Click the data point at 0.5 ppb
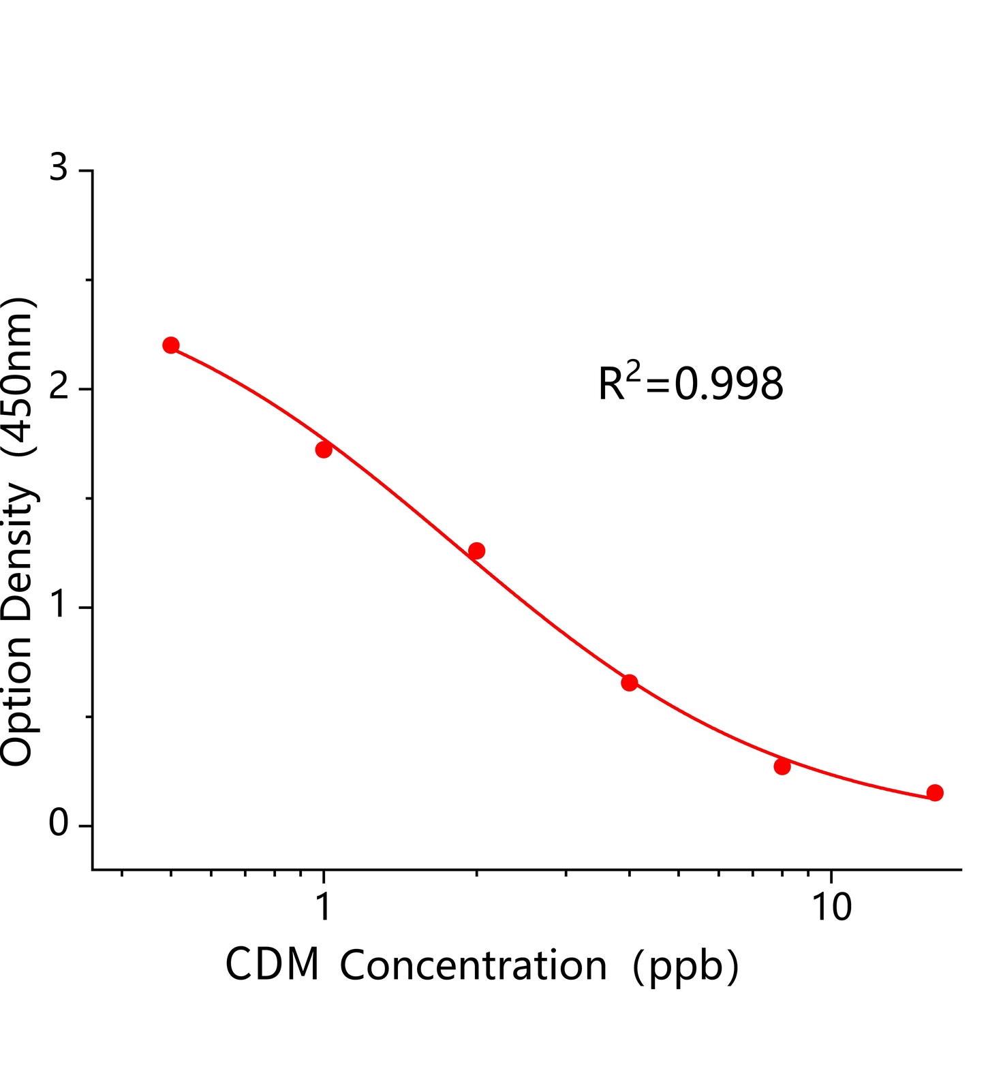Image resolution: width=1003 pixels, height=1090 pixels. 171,345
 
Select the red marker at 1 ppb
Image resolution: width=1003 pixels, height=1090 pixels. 324,450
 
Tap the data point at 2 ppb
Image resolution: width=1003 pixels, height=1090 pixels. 477,550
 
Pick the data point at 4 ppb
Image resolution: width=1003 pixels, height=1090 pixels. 630,683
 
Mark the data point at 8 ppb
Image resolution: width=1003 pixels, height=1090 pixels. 782,766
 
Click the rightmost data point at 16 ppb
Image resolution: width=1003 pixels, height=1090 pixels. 935,792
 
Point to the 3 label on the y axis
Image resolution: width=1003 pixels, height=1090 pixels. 59,168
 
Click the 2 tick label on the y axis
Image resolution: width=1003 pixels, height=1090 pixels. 59,387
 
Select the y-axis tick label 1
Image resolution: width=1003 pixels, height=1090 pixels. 59,606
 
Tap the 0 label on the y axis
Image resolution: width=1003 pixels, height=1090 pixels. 59,824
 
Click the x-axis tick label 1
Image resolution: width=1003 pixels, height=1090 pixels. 324,907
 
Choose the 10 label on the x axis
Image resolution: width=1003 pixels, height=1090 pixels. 831,907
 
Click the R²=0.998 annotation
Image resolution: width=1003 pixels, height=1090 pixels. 691,383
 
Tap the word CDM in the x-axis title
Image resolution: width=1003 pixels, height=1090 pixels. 273,965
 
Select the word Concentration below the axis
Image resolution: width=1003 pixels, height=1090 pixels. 474,965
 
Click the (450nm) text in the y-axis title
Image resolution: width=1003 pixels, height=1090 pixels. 18,376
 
